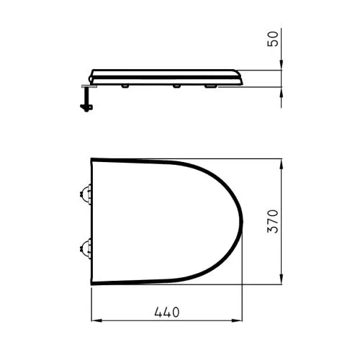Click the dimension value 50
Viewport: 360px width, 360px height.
pos(273,39)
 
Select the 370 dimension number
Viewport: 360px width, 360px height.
pos(273,221)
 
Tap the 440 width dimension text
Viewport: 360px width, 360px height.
pos(167,312)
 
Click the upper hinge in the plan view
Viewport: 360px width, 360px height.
pos(86,194)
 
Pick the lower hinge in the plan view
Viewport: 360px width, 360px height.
pos(86,248)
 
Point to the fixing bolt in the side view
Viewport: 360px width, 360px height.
pos(86,99)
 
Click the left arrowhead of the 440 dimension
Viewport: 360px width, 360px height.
pos(96,320)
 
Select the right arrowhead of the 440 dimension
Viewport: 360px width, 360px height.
pos(237,320)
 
